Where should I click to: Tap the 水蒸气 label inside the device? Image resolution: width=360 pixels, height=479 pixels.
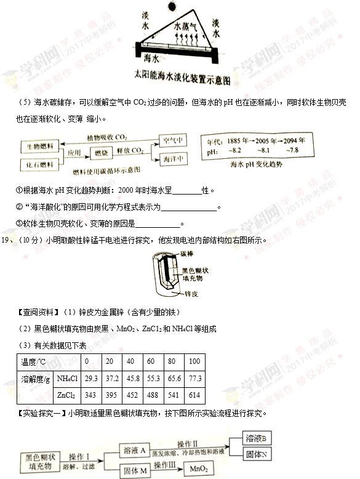point(186,27)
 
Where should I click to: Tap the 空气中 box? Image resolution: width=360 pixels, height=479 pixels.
point(172,140)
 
